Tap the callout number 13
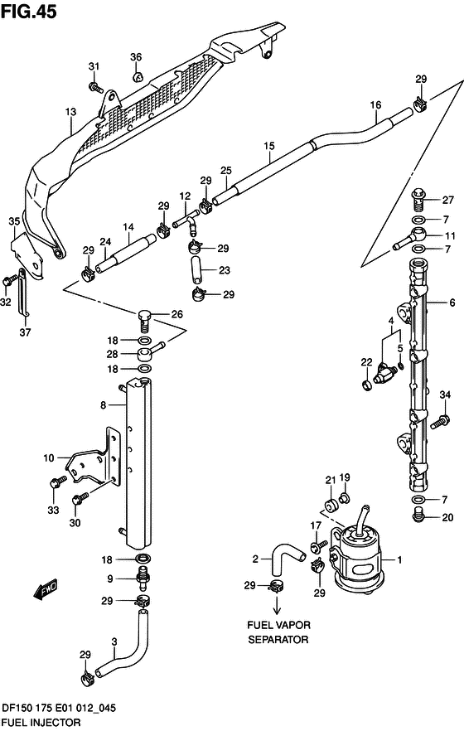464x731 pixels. pyautogui.click(x=70, y=113)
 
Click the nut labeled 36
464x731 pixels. pyautogui.click(x=137, y=76)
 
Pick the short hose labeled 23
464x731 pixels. pyautogui.click(x=196, y=269)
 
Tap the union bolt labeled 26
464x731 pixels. pyautogui.click(x=145, y=319)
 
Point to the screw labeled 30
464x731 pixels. pyautogui.click(x=80, y=499)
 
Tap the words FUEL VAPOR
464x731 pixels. pyautogui.click(x=278, y=625)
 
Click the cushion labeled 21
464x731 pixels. pyautogui.click(x=332, y=506)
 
